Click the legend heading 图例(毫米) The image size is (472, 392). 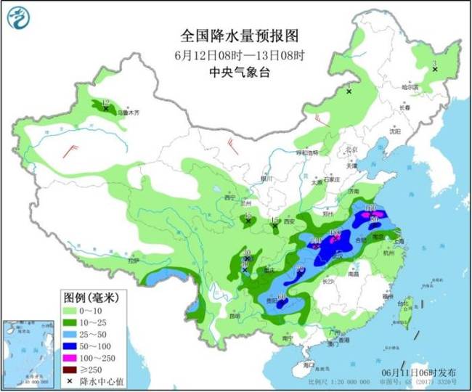click(x=90, y=298)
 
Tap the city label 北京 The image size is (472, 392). click(x=352, y=150)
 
